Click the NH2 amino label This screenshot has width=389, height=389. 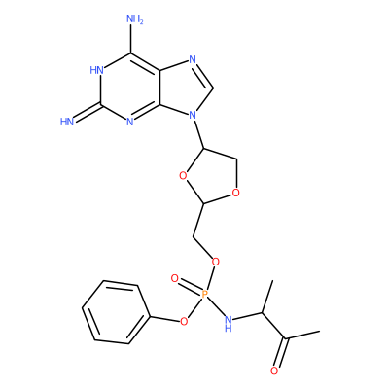tap(135, 19)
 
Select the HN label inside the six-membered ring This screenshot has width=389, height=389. tap(96, 70)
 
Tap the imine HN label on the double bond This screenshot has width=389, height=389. tap(67, 122)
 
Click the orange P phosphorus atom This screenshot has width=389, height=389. tap(204, 295)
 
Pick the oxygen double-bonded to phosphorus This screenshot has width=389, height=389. tap(175, 278)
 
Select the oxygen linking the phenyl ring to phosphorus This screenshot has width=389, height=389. tap(184, 321)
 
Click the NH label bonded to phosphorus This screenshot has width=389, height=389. tap(229, 324)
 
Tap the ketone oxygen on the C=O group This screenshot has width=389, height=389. tap(274, 371)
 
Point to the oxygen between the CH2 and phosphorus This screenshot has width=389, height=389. tap(215, 262)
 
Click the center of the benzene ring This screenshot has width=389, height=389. tap(116, 312)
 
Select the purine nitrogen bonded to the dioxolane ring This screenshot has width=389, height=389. tap(193, 115)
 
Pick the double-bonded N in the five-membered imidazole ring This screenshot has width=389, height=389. tap(193, 59)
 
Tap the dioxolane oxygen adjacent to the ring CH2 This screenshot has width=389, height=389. tap(236, 194)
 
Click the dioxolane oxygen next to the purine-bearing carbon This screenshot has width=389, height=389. tap(183, 176)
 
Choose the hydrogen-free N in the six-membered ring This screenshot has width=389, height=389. tap(130, 122)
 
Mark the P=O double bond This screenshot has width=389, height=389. tap(190, 286)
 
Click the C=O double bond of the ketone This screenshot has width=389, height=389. tap(281, 352)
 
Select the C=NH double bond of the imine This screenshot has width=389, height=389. tap(88, 113)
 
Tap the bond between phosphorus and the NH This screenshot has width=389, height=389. tap(216, 307)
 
